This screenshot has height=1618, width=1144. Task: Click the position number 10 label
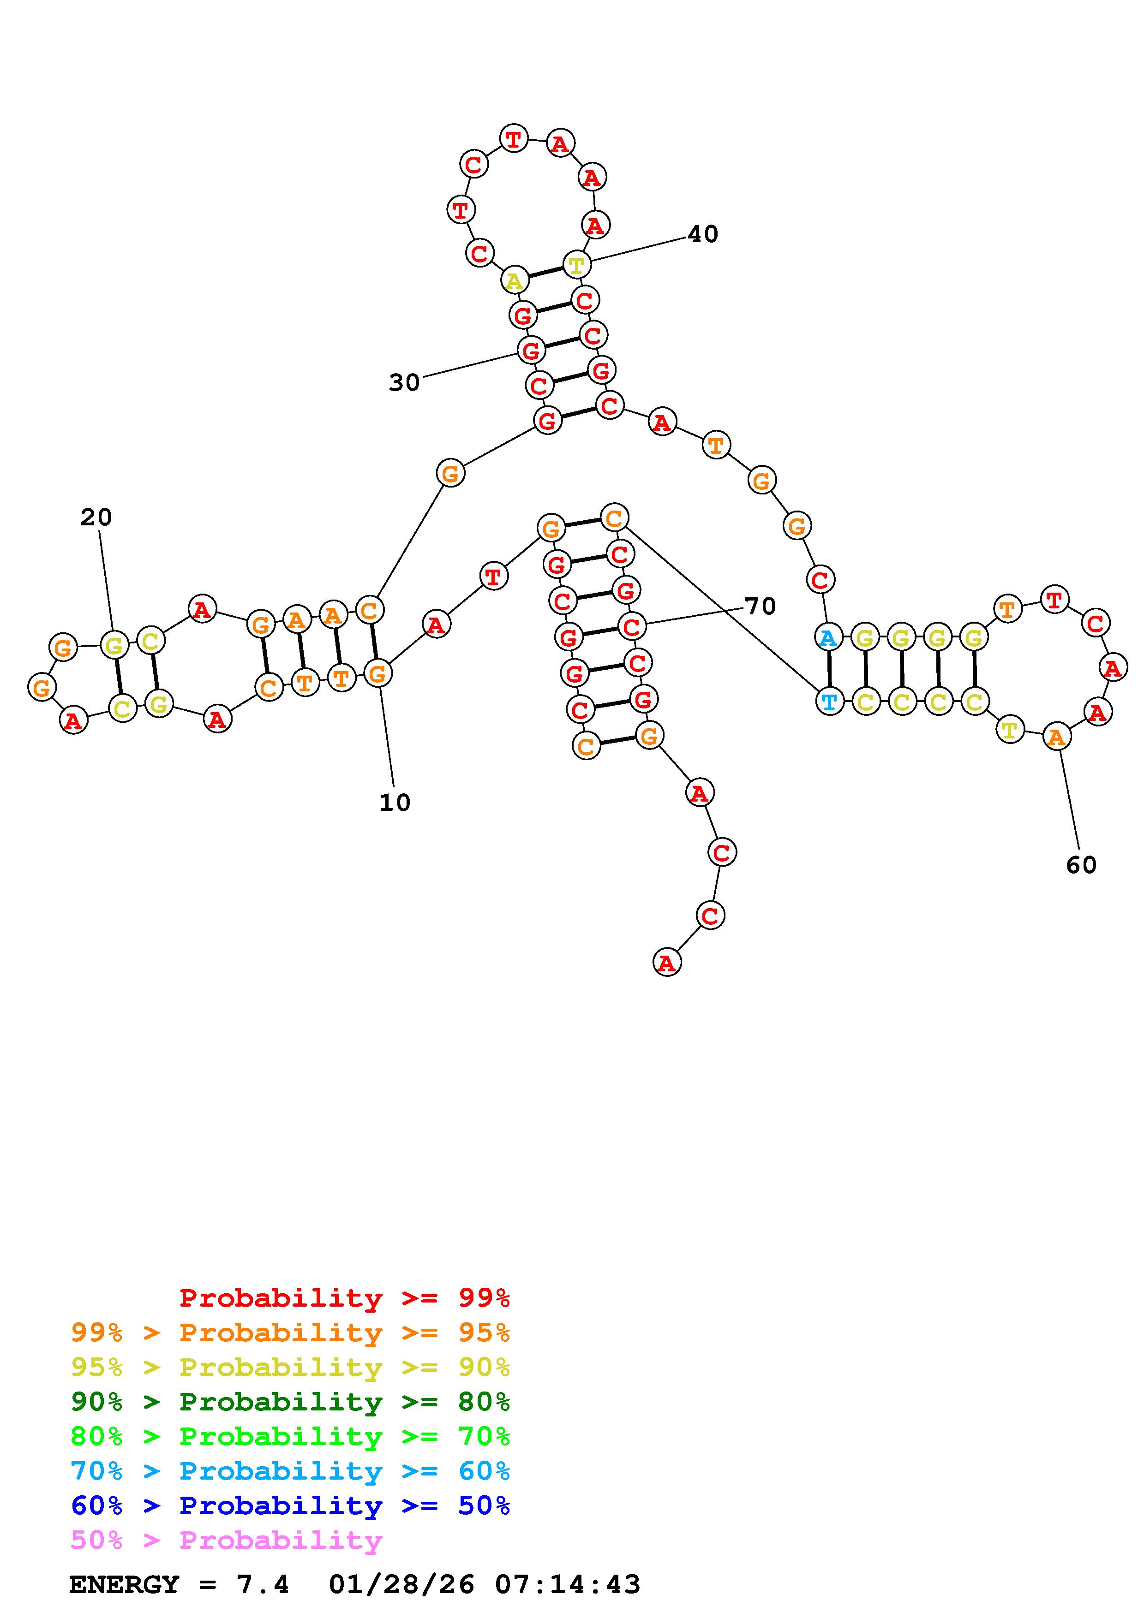pyautogui.click(x=395, y=803)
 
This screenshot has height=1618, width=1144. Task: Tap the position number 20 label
pyautogui.click(x=96, y=518)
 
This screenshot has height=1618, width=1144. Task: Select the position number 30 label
pyautogui.click(x=404, y=383)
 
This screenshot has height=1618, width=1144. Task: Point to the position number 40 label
pyautogui.click(x=703, y=234)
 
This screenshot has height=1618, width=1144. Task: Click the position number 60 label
pyautogui.click(x=1081, y=865)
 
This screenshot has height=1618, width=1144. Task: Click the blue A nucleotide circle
pyautogui.click(x=828, y=638)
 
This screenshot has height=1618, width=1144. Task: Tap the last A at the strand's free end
pyautogui.click(x=666, y=962)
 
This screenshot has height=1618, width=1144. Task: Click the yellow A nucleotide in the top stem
pyautogui.click(x=515, y=280)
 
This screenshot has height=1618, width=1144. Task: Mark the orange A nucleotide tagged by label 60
pyautogui.click(x=1056, y=737)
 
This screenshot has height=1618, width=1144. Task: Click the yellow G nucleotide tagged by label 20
pyautogui.click(x=114, y=645)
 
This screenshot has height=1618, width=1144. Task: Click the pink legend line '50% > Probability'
pyautogui.click(x=226, y=1540)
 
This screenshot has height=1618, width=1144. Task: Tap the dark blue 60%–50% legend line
pyautogui.click(x=290, y=1505)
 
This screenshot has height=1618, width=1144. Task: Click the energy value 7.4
pyautogui.click(x=263, y=1585)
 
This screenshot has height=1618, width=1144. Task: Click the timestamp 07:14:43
pyautogui.click(x=568, y=1585)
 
